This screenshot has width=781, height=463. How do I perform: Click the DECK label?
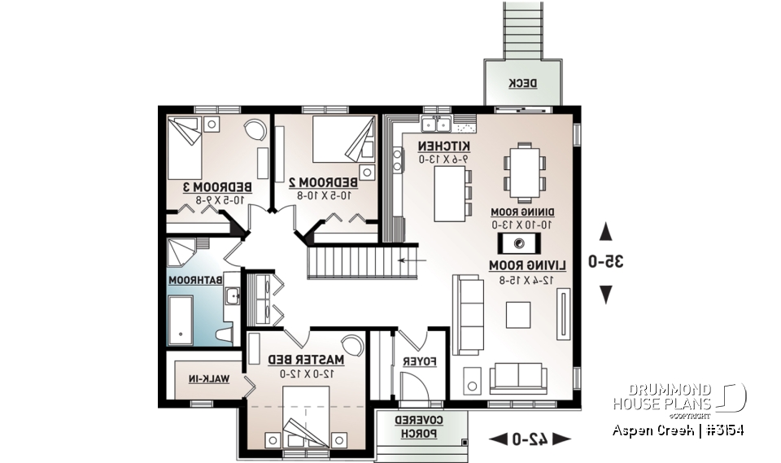517,83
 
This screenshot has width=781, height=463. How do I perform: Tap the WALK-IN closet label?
208,378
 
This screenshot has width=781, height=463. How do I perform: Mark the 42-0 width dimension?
529,439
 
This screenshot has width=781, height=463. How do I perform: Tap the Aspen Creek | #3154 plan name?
678,430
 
